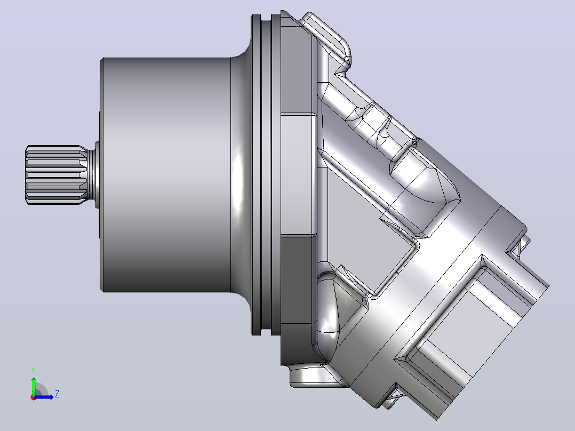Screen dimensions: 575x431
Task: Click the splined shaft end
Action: pyautogui.click(x=55, y=175)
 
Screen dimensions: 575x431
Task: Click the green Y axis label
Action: pyautogui.click(x=34, y=371)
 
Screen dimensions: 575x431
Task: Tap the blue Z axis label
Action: pyautogui.click(x=57, y=394)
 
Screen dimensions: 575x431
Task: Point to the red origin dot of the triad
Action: pyautogui.click(x=34, y=397)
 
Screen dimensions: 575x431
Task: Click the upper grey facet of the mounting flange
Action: pyautogui.click(x=297, y=66)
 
